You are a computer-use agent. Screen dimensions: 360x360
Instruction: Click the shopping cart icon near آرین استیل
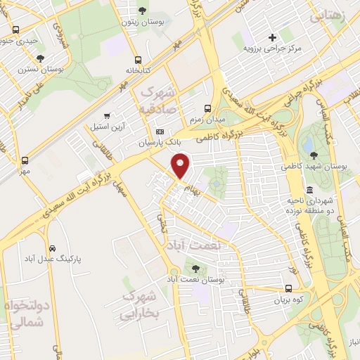[106, 115]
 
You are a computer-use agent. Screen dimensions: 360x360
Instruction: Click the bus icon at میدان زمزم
[207, 108]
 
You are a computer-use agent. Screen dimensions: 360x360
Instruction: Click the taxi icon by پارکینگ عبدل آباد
[53, 248]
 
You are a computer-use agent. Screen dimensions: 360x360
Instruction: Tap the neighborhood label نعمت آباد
[194, 244]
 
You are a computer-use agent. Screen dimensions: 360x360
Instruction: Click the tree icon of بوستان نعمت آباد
[195, 268]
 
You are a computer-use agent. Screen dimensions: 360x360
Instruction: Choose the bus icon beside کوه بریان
[289, 288]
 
